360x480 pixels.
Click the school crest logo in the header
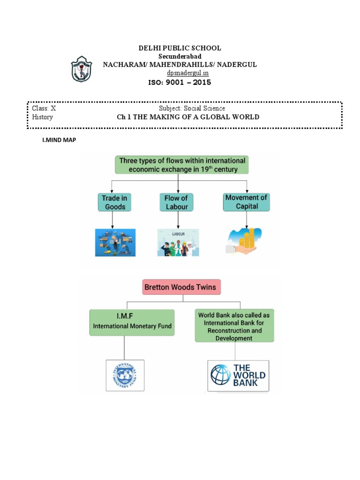point(82,69)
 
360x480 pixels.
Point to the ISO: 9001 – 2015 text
point(180,82)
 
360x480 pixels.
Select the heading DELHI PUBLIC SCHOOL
point(180,48)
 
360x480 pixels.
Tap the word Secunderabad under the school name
point(180,56)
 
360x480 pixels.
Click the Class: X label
point(44,108)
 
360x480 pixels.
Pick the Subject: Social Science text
point(192,108)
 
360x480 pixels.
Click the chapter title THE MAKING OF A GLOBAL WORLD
point(187,117)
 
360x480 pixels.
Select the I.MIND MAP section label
point(59,140)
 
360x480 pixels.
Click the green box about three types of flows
point(182,165)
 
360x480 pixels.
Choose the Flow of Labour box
point(176,202)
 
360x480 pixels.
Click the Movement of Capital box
point(247,202)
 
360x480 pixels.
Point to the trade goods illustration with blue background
point(115,242)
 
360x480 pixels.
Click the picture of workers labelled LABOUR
point(178,242)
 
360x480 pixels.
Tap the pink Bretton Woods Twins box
point(181,287)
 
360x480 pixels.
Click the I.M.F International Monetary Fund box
point(132,322)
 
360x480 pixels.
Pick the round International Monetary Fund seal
point(125,375)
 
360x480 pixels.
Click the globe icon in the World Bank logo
point(220,375)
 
